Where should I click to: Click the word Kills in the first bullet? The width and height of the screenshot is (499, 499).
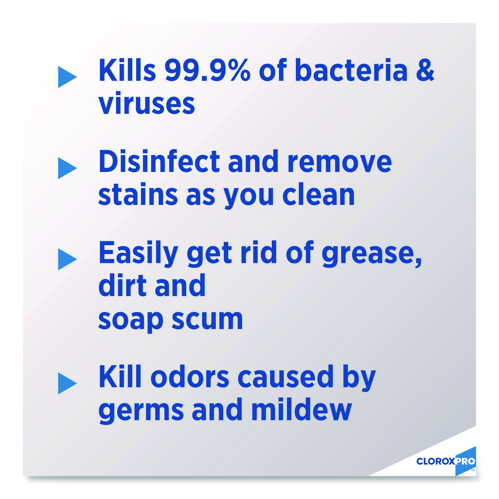pyautogui.click(x=127, y=70)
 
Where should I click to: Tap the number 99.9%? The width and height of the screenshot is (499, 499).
pyautogui.click(x=207, y=70)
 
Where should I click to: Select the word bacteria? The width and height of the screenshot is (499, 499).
pyautogui.click(x=351, y=70)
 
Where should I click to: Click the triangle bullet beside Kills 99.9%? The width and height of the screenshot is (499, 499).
pyautogui.click(x=67, y=77)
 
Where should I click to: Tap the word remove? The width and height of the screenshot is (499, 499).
pyautogui.click(x=339, y=162)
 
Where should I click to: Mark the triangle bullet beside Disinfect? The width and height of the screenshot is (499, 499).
pyautogui.click(x=67, y=168)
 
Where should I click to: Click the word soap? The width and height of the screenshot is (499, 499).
pyautogui.click(x=130, y=320)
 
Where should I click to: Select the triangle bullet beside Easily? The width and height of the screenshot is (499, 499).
pyautogui.click(x=67, y=259)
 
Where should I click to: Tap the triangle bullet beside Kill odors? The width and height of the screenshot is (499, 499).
pyautogui.click(x=67, y=383)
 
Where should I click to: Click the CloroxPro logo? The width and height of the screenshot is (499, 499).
pyautogui.click(x=446, y=461)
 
